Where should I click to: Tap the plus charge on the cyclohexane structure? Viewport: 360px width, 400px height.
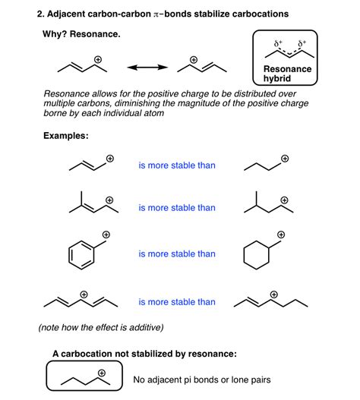point(282,234)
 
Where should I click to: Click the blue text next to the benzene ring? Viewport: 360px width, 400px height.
point(176,252)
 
